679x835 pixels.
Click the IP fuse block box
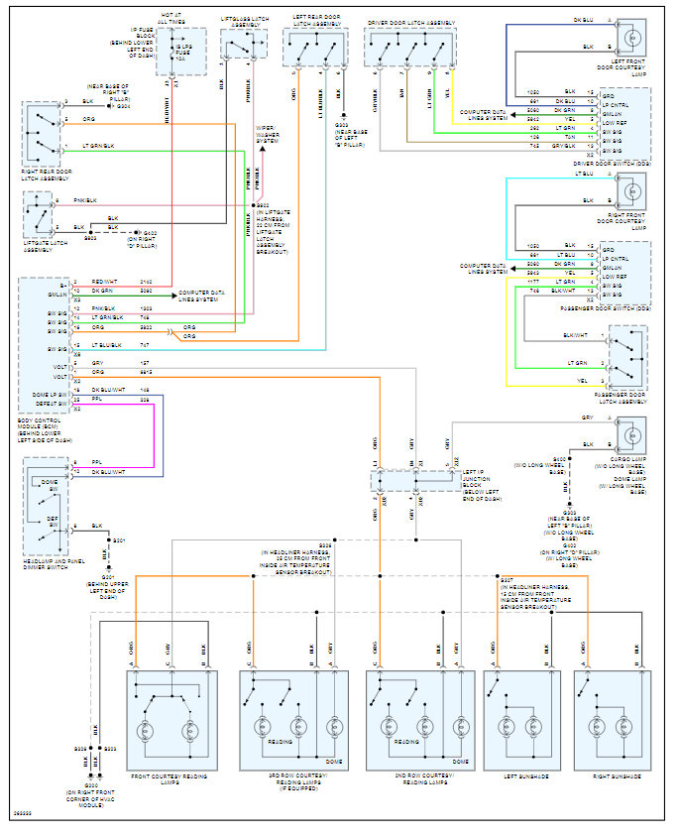point(181,51)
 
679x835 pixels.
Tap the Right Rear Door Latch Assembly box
point(43,131)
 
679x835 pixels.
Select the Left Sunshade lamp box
point(521,720)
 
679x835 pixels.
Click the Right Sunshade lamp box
point(611,720)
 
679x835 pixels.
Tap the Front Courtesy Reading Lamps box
point(170,720)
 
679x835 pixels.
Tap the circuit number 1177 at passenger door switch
point(533,282)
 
